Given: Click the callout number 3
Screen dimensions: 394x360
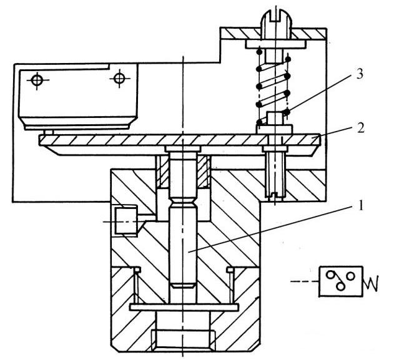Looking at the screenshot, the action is [359, 74].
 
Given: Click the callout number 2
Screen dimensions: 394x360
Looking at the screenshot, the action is [360, 129].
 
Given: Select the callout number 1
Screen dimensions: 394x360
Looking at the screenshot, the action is [360, 206].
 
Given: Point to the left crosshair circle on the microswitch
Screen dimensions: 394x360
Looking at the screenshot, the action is [37, 80].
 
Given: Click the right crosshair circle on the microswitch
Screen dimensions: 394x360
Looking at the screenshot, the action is [119, 79].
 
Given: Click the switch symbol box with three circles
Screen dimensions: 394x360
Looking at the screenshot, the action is [341, 281].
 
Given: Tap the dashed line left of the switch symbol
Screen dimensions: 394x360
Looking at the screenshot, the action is [305, 281].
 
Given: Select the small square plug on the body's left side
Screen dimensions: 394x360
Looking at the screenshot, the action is [126, 221].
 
